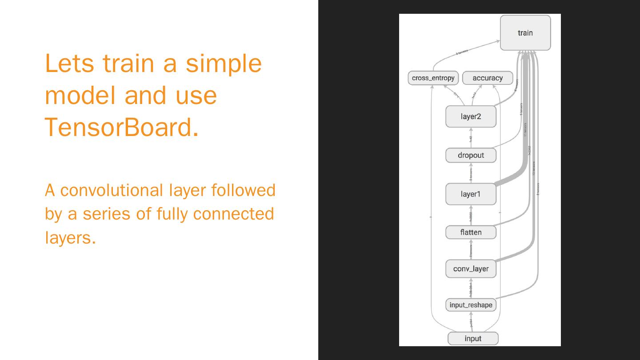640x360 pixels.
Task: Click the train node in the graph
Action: (525, 33)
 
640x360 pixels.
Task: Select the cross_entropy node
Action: (433, 78)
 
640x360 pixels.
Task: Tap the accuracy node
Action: (488, 78)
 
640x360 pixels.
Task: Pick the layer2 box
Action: (471, 116)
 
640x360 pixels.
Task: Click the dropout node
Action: (471, 155)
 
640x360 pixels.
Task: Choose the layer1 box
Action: (471, 194)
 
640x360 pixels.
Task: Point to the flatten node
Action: (471, 232)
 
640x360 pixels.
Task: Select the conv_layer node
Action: (471, 268)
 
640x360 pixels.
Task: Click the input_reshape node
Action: (471, 305)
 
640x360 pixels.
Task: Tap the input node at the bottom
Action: (473, 338)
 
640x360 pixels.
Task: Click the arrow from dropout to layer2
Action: (471, 138)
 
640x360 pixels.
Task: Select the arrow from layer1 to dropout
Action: (471, 173)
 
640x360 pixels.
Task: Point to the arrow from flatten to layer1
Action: (471, 216)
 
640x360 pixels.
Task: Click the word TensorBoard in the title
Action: (121, 127)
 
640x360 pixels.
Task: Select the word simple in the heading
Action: (223, 63)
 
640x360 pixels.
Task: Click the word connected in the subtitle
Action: (233, 214)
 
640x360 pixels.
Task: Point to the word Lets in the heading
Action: (69, 63)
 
